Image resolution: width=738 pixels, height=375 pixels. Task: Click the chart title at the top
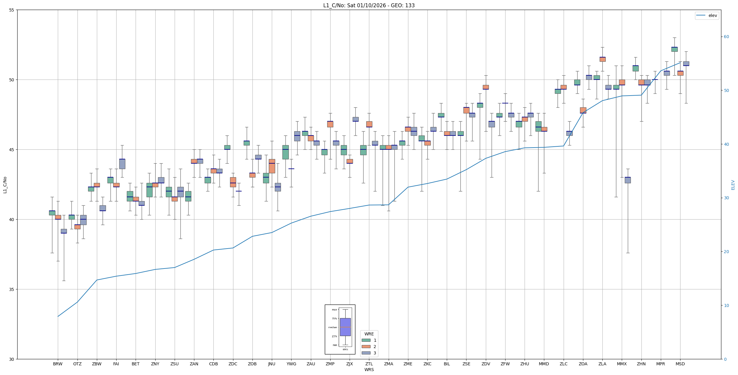(369, 5)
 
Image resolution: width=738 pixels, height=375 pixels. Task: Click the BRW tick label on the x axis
(58, 364)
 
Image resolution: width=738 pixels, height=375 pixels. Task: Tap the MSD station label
(680, 364)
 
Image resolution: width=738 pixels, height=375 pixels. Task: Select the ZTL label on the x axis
(369, 364)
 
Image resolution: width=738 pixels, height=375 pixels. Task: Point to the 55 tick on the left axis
(12, 10)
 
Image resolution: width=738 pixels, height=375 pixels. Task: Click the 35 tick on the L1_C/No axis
(12, 289)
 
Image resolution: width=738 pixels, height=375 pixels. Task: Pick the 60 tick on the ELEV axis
(726, 37)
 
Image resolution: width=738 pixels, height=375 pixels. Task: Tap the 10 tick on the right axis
(726, 305)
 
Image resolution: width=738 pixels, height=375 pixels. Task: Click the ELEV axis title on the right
(733, 185)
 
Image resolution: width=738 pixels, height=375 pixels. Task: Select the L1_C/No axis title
(5, 185)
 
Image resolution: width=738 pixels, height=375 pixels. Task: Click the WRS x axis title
(369, 370)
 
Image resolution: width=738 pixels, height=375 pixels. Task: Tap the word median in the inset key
(332, 327)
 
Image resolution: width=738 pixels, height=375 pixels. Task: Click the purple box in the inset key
(345, 327)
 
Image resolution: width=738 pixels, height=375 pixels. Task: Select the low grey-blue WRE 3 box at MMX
(628, 180)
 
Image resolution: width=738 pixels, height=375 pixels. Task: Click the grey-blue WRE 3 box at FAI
(122, 164)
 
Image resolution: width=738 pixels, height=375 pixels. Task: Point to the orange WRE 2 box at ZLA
(602, 59)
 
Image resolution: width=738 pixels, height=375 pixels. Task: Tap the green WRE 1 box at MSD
(674, 49)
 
